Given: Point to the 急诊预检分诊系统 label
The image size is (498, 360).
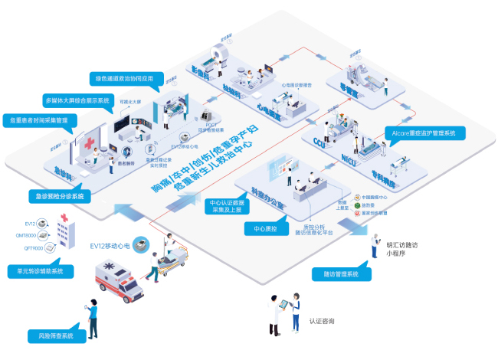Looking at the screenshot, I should (59, 196).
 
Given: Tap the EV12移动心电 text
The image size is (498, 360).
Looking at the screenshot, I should (107, 246).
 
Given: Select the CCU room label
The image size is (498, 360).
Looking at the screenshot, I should (320, 141).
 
